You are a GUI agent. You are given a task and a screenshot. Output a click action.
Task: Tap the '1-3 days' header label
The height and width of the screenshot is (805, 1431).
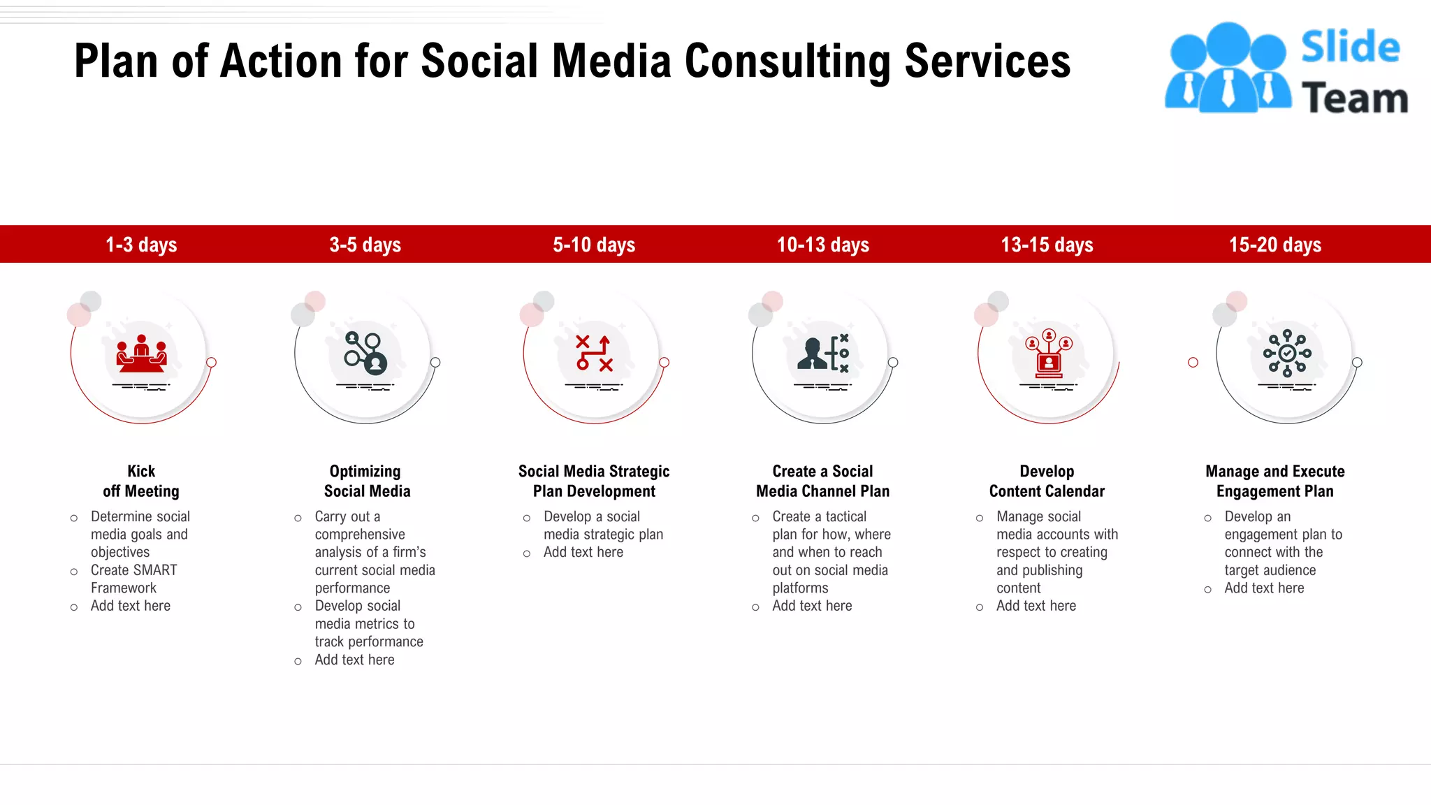[x=141, y=245]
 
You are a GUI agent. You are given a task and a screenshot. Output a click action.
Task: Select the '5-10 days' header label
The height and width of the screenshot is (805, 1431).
[x=594, y=245]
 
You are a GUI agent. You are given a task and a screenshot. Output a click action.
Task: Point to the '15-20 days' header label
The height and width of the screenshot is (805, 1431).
[x=1275, y=245]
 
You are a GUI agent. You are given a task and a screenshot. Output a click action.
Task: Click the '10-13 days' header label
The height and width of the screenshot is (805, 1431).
[x=823, y=245]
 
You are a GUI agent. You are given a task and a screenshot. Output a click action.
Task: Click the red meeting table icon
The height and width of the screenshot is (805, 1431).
[x=142, y=354]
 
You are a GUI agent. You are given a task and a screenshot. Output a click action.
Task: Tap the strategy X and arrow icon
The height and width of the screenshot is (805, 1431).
[x=594, y=354]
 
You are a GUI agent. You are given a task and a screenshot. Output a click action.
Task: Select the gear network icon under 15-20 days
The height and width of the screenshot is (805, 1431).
[x=1287, y=354]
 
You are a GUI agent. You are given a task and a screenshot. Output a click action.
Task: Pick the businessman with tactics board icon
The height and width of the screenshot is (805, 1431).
[x=823, y=354]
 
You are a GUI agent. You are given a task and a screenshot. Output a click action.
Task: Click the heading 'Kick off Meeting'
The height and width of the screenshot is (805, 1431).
[x=141, y=481]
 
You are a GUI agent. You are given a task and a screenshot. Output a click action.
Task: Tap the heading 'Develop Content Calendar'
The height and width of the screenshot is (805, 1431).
[x=1047, y=481]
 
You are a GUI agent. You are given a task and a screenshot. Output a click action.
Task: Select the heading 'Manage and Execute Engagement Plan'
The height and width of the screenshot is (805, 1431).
[x=1275, y=481]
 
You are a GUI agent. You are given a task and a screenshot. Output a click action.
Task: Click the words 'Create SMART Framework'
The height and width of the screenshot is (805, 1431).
[x=133, y=579]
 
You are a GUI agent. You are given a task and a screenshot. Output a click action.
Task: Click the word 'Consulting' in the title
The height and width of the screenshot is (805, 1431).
[x=787, y=61]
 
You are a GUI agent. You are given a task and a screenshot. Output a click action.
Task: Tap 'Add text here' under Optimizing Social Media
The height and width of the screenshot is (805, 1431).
[x=354, y=660]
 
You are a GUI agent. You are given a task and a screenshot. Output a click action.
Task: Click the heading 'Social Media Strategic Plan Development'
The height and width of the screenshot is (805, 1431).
[x=594, y=481]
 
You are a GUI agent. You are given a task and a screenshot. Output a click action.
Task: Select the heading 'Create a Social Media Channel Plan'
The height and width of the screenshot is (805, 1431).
[x=823, y=481]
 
